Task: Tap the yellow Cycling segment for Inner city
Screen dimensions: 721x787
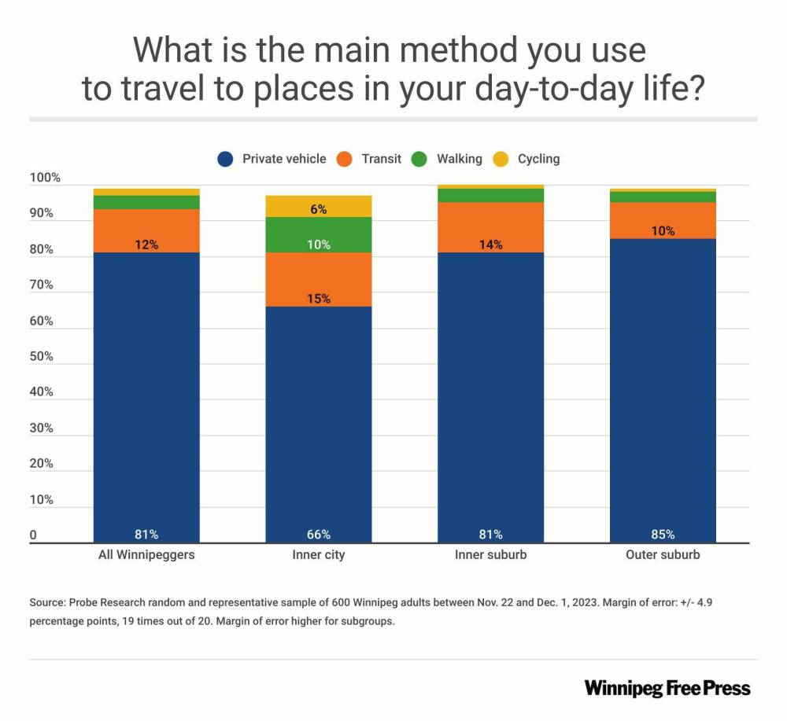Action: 318,206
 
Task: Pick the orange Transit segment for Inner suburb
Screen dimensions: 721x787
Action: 490,227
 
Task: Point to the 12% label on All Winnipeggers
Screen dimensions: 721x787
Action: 146,245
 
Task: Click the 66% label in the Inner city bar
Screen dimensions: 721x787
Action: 318,535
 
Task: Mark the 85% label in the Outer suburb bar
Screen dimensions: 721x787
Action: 663,535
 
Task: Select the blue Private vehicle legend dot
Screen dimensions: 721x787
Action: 226,159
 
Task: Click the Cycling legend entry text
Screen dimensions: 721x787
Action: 538,159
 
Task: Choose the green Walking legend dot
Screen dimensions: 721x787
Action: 420,159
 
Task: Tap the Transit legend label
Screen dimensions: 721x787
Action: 381,159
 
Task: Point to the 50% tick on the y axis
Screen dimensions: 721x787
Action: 41,357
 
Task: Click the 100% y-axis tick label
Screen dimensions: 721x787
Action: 44,178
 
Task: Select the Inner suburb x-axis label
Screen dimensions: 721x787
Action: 490,555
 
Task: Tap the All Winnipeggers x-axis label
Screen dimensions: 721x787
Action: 146,555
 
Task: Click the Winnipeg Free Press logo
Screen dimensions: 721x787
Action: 667,688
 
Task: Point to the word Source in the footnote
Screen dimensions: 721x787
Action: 46,602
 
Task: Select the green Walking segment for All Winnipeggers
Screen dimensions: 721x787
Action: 146,202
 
